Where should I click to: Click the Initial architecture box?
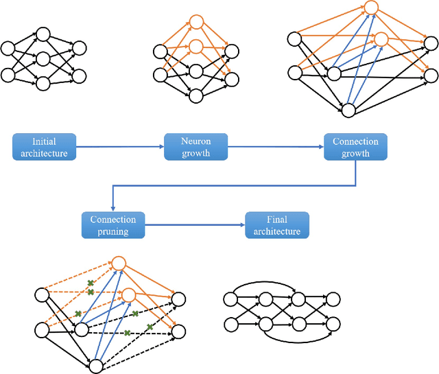44,148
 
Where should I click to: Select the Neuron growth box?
195,148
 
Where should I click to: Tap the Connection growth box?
355,147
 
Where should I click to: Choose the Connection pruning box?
113,225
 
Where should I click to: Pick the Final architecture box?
277,225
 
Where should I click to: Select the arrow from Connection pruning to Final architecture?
195,225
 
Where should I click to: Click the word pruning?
113,231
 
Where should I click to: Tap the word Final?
277,220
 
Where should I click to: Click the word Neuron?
195,141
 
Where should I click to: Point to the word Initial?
44,141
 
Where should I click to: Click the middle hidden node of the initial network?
43,60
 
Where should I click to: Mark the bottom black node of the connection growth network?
348,110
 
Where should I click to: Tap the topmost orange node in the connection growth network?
371,8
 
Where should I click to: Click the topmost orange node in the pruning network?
118,263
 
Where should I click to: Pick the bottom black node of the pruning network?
95,366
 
